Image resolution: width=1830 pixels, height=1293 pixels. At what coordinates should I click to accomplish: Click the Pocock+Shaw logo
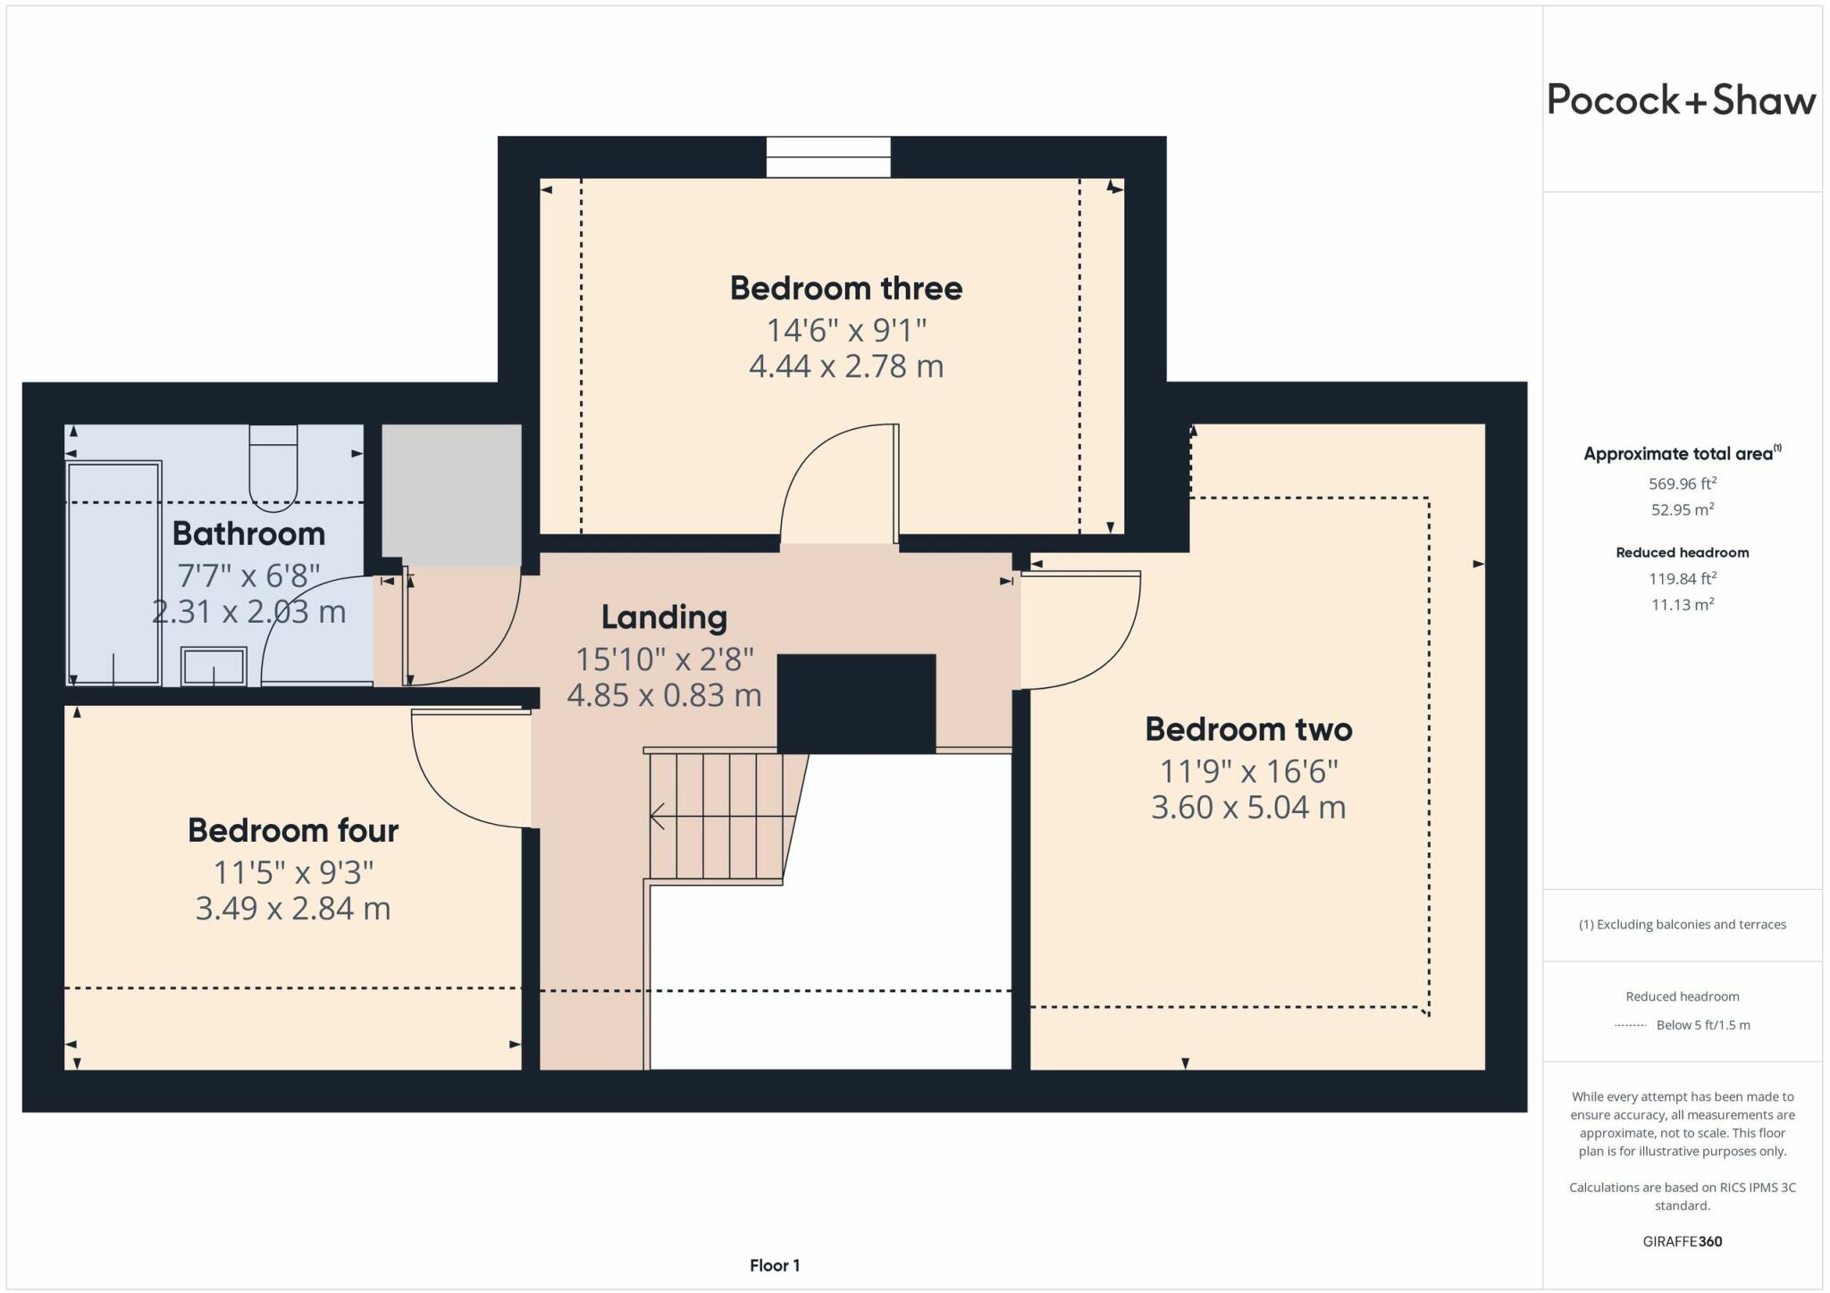[1681, 100]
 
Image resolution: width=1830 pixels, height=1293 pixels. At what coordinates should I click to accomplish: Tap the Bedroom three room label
[846, 288]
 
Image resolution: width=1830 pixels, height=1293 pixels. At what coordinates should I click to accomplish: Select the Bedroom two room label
[1248, 729]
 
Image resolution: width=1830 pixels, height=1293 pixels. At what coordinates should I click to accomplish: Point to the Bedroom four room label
[293, 830]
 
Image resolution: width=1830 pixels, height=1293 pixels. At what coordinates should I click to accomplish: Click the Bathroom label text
[248, 533]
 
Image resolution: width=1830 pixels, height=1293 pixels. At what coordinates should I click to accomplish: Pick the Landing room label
[664, 617]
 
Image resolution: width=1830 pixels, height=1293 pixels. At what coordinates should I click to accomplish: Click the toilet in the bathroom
[273, 468]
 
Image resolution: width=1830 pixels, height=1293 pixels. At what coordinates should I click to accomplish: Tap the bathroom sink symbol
[214, 667]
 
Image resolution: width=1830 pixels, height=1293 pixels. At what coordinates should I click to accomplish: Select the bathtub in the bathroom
[113, 573]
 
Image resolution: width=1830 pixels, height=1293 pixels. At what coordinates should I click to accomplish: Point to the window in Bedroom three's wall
[828, 157]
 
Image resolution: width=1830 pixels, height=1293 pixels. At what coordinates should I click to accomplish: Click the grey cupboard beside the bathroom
[451, 495]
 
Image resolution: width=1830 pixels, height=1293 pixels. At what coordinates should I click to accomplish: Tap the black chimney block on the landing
[856, 704]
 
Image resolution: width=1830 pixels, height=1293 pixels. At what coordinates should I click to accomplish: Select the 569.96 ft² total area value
[1683, 483]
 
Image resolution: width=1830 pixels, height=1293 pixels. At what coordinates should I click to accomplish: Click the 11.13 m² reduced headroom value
[1683, 604]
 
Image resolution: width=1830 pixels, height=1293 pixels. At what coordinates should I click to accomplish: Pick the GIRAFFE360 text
[1683, 1241]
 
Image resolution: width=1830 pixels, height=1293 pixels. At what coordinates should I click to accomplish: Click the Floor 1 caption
[775, 1265]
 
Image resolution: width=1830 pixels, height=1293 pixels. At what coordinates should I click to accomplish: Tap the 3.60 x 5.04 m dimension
[1248, 807]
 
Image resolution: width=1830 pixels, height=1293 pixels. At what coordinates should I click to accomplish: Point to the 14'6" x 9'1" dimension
[846, 331]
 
